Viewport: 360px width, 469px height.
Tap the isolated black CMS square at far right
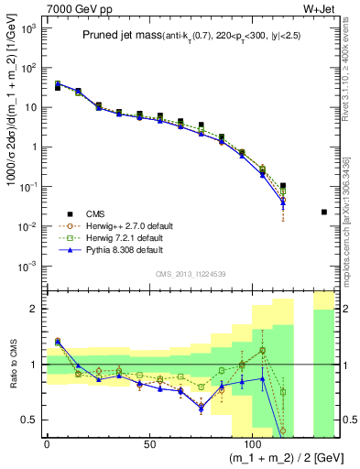(x=324, y=213)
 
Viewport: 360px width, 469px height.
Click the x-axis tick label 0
(x=47, y=442)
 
